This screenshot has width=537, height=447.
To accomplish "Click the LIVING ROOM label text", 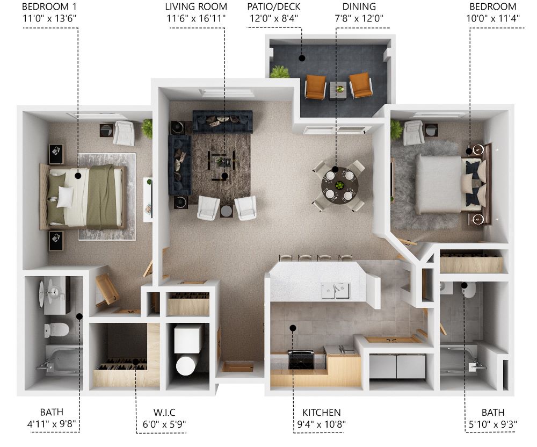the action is pyautogui.click(x=196, y=6).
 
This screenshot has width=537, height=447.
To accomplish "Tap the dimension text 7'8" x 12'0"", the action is pyautogui.click(x=359, y=18).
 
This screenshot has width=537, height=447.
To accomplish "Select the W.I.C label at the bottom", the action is pyautogui.click(x=164, y=412).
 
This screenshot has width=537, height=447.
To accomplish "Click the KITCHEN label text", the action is pyautogui.click(x=321, y=413).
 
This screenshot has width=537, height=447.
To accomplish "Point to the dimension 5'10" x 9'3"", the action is pyautogui.click(x=493, y=424).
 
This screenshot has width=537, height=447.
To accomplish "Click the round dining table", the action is pyautogui.click(x=339, y=186).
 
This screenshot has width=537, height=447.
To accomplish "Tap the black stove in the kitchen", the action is pyautogui.click(x=301, y=359).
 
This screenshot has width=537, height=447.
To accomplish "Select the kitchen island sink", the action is pyautogui.click(x=336, y=291).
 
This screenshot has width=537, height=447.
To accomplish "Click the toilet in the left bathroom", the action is pyautogui.click(x=56, y=330).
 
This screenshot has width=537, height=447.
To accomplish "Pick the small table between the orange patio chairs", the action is pyautogui.click(x=338, y=90).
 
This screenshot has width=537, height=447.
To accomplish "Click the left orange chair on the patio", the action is pyautogui.click(x=315, y=87).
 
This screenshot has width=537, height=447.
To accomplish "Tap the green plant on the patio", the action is pyautogui.click(x=280, y=72).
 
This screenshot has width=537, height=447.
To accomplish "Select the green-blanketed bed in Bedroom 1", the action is pyautogui.click(x=82, y=197).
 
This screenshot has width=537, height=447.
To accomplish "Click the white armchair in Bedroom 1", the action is pyautogui.click(x=124, y=133).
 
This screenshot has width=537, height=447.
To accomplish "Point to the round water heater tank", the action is pyautogui.click(x=186, y=366).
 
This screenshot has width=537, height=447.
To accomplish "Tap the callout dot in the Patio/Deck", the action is pyautogui.click(x=302, y=58).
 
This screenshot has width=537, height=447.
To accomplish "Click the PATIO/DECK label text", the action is pyautogui.click(x=274, y=6).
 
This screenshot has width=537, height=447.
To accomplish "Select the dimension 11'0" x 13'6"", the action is pyautogui.click(x=49, y=18).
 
